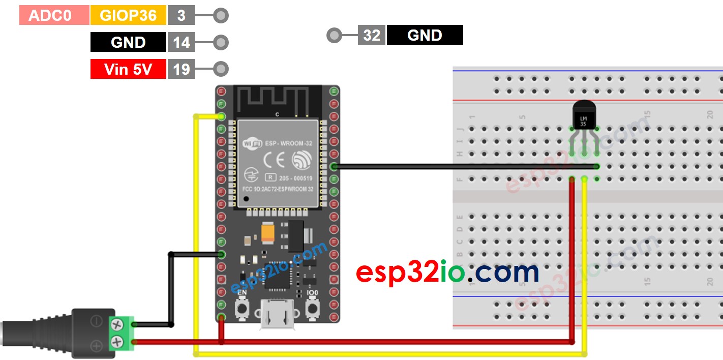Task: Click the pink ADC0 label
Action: [x=54, y=15]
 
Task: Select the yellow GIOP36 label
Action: [x=128, y=15]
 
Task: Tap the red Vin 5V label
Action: [x=128, y=69]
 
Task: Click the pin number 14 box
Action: [x=181, y=42]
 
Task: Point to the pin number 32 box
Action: [x=372, y=35]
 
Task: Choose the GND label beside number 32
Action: [x=425, y=35]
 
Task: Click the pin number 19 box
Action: [x=181, y=69]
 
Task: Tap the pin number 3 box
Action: [x=181, y=15]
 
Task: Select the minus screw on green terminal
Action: [x=117, y=323]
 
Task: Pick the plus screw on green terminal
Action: [x=117, y=341]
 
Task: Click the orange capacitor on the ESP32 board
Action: [x=268, y=232]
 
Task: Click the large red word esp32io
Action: [x=410, y=273]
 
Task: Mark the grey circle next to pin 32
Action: [x=334, y=35]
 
